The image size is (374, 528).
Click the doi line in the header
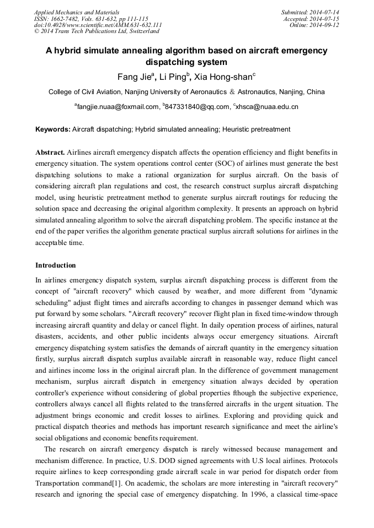(98, 25)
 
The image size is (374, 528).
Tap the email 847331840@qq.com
(197, 106)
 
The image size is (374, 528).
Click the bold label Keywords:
(53, 129)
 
